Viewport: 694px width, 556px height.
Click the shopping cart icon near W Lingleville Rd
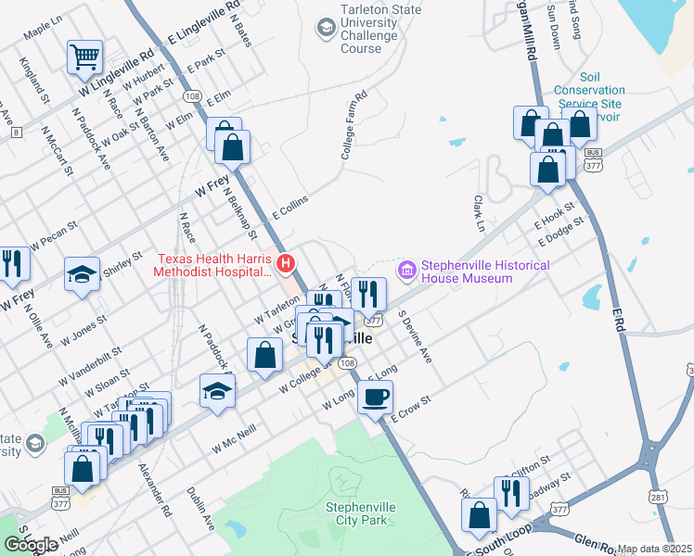[84, 57]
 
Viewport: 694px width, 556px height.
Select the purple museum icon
[406, 271]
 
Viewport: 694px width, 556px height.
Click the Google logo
[31, 545]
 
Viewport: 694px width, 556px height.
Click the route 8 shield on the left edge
[16, 133]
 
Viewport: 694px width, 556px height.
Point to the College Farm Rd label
[354, 126]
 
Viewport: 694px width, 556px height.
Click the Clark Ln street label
[480, 213]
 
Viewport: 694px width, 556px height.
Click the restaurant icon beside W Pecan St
[12, 264]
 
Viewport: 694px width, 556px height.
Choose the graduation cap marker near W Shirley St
[82, 274]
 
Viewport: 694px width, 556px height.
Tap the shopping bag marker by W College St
[265, 355]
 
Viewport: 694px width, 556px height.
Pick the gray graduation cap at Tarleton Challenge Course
[326, 29]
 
